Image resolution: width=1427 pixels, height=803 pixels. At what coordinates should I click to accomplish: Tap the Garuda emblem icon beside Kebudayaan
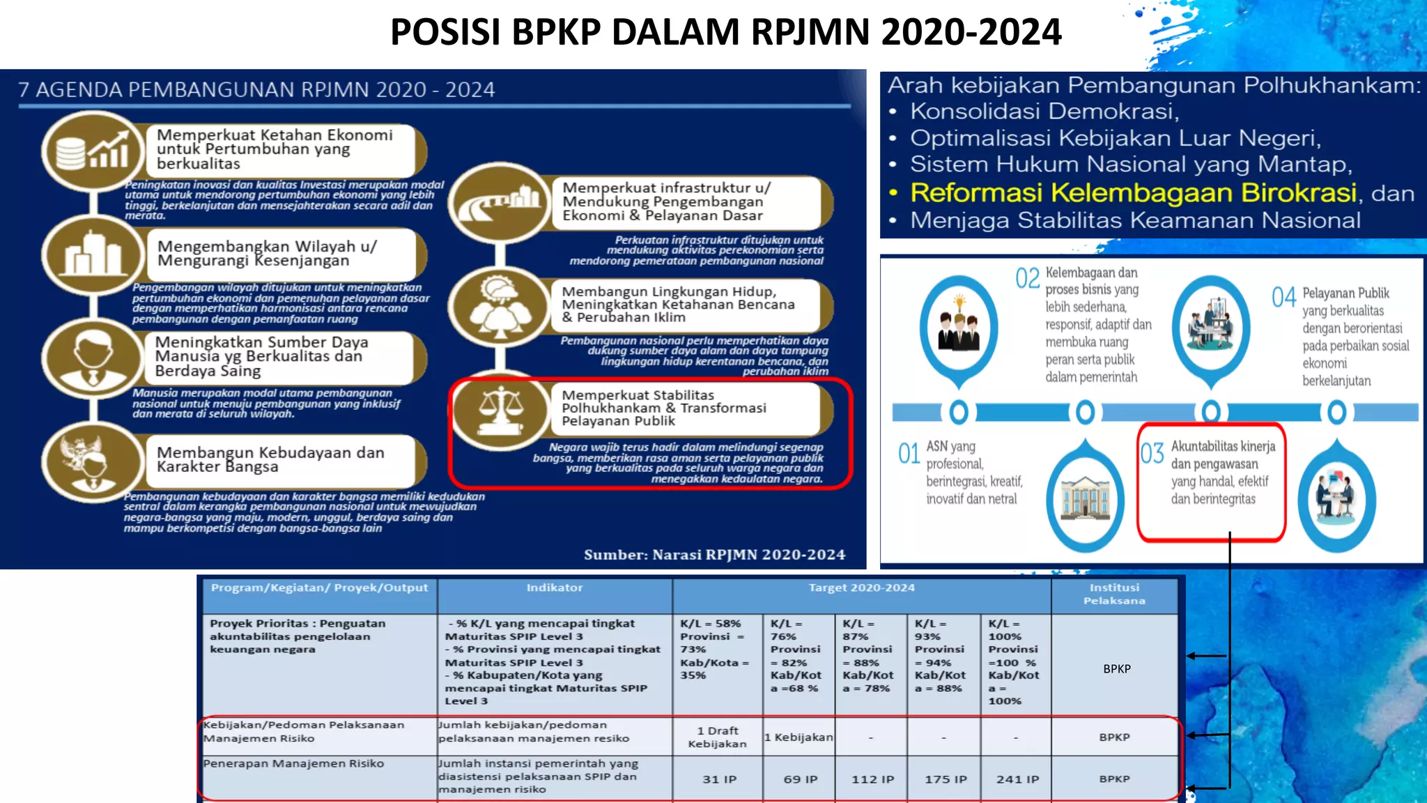(x=91, y=460)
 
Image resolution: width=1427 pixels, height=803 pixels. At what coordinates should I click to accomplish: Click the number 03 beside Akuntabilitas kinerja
(x=1152, y=454)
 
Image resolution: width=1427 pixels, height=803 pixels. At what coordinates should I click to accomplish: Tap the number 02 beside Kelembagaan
(x=1027, y=278)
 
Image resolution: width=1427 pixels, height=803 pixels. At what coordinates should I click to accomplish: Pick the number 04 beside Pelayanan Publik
(x=1283, y=298)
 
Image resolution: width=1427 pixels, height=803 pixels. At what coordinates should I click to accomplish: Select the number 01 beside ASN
(x=909, y=454)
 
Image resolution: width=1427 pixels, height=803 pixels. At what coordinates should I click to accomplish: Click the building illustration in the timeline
(x=1085, y=499)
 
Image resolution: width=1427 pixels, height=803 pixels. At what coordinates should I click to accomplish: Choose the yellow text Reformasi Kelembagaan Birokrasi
(x=1133, y=192)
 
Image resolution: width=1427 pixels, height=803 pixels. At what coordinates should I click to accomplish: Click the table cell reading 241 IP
(x=1017, y=779)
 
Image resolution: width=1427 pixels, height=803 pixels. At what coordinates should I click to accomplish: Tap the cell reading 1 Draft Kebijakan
(x=717, y=737)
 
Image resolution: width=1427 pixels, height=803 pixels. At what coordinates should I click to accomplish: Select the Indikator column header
(x=555, y=588)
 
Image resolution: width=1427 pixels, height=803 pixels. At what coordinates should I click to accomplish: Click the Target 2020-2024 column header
(x=861, y=588)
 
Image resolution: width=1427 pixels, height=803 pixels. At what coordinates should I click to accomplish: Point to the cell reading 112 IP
(x=872, y=779)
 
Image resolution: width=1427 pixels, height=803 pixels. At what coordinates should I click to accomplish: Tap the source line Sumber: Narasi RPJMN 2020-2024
(x=714, y=555)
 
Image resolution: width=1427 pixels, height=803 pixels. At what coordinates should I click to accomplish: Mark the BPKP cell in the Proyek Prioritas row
(x=1116, y=668)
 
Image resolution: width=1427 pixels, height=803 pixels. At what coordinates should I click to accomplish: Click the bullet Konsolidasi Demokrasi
(x=1044, y=112)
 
